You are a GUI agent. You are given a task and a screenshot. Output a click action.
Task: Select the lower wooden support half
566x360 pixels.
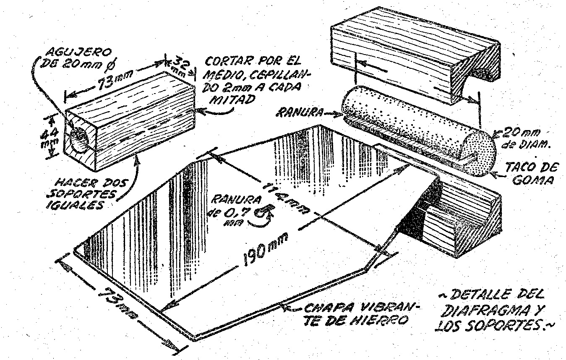point(457,218)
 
